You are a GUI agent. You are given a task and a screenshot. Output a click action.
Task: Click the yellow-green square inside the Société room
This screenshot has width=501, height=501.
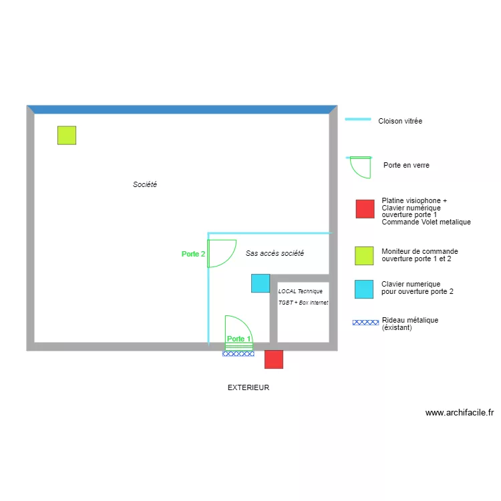[66, 136]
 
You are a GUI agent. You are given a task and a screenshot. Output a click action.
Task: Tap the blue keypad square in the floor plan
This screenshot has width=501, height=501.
[261, 283]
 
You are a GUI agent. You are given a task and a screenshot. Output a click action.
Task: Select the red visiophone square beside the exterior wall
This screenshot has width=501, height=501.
[274, 359]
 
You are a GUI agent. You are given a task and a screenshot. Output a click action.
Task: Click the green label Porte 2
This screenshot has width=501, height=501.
[193, 254]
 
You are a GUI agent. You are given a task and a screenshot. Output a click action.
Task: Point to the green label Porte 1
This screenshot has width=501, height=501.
[238, 339]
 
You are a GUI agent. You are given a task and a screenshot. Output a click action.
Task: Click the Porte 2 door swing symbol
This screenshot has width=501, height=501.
[221, 253]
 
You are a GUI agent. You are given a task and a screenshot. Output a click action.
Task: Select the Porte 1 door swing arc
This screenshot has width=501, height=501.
[238, 327]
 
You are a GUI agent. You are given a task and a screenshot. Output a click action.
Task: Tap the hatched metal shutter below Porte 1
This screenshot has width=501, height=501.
[238, 353]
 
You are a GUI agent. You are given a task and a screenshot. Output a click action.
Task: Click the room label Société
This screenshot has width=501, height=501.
[144, 184]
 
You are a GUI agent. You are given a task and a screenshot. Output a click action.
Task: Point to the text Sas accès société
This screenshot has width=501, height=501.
[275, 253]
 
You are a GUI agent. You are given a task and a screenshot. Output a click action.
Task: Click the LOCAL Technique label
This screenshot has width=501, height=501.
[301, 291]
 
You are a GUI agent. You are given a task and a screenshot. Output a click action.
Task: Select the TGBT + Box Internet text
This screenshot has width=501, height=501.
[303, 303]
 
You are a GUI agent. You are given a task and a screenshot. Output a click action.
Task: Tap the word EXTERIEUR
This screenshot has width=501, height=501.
[248, 387]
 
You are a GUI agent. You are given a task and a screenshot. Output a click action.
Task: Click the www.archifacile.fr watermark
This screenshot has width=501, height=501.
[460, 413]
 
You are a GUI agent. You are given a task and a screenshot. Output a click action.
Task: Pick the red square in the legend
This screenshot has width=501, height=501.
[365, 209]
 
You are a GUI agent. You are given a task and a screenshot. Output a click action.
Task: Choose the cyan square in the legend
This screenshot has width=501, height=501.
[364, 289]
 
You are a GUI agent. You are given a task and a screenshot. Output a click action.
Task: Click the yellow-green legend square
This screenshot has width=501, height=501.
[364, 256]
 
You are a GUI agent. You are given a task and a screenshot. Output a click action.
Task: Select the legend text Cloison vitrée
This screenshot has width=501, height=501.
[400, 122]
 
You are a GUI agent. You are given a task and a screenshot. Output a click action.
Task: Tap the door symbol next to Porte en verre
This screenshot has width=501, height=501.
[360, 167]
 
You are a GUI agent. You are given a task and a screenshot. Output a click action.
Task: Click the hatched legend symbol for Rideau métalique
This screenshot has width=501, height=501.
[365, 323]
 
